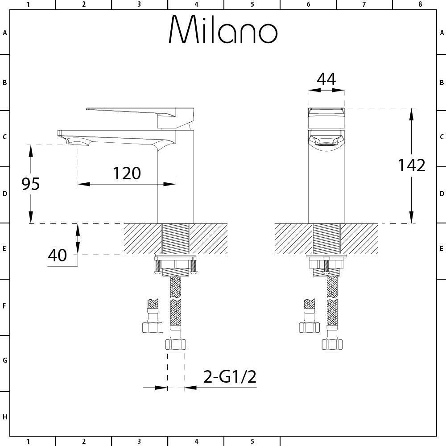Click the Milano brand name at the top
point(223,29)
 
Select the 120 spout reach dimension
point(127,173)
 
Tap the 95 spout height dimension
point(30,184)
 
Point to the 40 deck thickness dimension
point(57,255)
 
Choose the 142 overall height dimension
point(412,165)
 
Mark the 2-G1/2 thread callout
point(230,376)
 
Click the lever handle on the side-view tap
point(140,117)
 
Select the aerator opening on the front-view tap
point(326,145)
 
